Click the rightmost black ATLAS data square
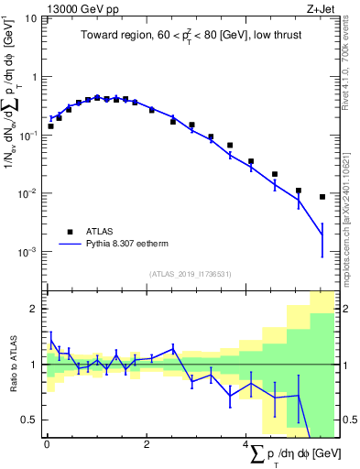click(x=322, y=197)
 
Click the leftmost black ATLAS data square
click(x=50, y=126)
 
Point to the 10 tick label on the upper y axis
click(x=31, y=18)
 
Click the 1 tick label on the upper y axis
click(x=35, y=77)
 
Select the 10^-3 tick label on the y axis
click(x=28, y=251)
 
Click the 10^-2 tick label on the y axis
click(x=28, y=192)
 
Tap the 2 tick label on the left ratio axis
click(x=36, y=309)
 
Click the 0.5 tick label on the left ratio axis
click(x=32, y=420)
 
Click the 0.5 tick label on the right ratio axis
click(x=345, y=420)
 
